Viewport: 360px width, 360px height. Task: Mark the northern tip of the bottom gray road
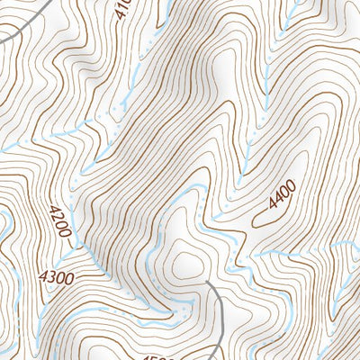pyautogui.click(x=206, y=282)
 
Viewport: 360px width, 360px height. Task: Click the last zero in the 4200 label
pyautogui.click(x=65, y=230)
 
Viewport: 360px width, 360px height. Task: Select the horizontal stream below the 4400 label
pyautogui.click(x=297, y=253)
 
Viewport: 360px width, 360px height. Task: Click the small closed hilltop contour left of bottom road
pyautogui.click(x=186, y=263)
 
